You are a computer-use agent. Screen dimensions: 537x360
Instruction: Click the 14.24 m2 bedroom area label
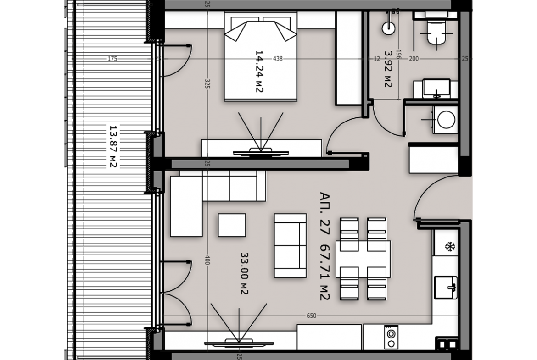(259, 72)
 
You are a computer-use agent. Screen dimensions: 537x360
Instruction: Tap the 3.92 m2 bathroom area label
(388, 69)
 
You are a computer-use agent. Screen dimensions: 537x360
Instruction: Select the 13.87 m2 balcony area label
(113, 146)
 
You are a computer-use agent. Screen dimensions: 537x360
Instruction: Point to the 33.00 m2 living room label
(244, 273)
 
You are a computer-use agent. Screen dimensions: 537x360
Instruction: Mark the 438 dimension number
(278, 59)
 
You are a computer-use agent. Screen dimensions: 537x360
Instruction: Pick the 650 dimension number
(311, 316)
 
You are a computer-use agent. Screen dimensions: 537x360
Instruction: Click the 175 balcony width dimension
(112, 59)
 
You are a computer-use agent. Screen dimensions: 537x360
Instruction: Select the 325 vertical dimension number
(207, 84)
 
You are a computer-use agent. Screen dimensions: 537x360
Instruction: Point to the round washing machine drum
(446, 120)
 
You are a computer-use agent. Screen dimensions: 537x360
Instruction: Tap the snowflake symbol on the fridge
(450, 246)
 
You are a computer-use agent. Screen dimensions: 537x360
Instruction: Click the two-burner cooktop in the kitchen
(391, 338)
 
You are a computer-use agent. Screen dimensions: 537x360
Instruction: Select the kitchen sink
(446, 288)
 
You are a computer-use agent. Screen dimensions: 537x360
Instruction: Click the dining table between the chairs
(363, 259)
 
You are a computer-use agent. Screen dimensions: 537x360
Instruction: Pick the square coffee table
(232, 225)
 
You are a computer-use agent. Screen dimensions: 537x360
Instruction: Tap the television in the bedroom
(261, 152)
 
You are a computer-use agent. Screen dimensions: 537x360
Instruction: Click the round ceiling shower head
(388, 28)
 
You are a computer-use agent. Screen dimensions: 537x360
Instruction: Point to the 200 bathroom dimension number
(414, 59)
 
